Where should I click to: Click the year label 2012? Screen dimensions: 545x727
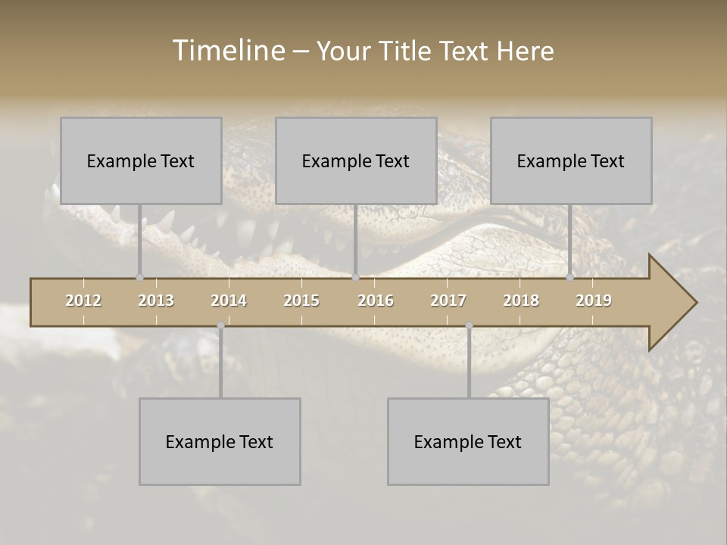tap(83, 301)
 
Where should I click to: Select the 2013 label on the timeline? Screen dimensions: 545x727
tap(156, 301)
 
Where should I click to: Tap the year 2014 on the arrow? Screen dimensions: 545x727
tap(229, 301)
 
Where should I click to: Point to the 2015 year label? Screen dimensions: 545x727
tap(301, 301)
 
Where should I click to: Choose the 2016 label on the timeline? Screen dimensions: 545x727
tap(376, 301)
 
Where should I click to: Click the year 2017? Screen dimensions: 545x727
tap(448, 301)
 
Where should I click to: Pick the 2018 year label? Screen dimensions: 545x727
tap(521, 301)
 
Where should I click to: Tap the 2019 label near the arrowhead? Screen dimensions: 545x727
tap(594, 301)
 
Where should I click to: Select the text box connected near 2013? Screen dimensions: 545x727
tap(141, 160)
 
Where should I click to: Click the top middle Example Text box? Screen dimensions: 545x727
tap(356, 160)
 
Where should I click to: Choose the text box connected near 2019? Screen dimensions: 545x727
tap(571, 160)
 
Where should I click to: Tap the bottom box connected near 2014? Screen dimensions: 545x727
tap(220, 441)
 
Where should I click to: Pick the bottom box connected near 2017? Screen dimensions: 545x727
tap(468, 441)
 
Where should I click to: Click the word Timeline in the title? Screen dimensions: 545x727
tap(228, 51)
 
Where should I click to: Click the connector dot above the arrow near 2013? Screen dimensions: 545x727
tap(139, 277)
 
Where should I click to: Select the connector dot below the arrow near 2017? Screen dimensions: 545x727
tap(469, 326)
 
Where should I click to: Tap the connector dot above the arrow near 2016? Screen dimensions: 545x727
tap(355, 277)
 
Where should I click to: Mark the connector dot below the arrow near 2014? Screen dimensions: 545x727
tap(220, 326)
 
